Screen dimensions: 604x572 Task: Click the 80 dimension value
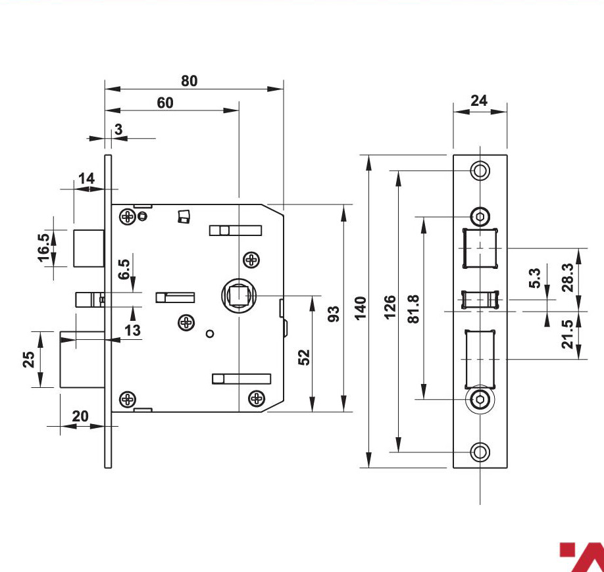coord(189,81)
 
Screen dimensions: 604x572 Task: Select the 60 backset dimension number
coord(165,103)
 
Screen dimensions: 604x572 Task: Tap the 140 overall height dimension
coord(361,308)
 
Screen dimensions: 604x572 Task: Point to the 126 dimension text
coord(390,307)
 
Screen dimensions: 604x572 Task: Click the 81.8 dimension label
coord(413,309)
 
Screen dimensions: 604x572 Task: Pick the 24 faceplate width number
coord(479,101)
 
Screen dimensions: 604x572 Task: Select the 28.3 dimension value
coord(567,277)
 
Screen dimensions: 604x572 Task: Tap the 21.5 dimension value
coord(567,334)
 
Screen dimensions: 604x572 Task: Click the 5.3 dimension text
coord(535,278)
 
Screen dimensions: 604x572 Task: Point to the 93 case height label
coord(334,314)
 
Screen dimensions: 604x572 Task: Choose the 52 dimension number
coord(304,357)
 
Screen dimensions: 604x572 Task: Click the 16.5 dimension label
coord(43,248)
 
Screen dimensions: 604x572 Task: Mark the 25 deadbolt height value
coord(28,360)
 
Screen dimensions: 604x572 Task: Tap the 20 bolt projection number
coord(80,416)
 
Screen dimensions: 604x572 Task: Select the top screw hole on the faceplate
coord(480,170)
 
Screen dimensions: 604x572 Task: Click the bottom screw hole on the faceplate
coord(480,452)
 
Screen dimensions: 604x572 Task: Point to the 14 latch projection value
coord(86,179)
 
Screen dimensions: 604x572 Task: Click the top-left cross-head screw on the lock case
coord(128,217)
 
